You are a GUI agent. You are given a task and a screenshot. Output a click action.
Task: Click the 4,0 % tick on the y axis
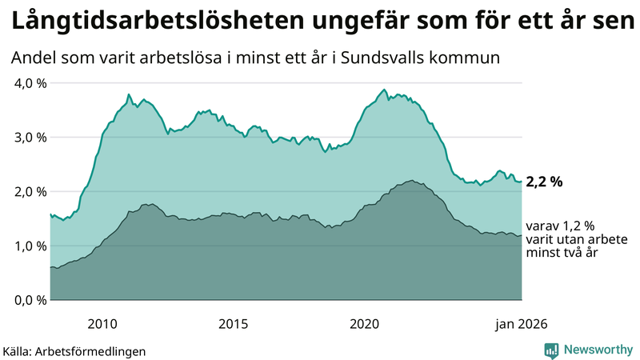(x=28, y=83)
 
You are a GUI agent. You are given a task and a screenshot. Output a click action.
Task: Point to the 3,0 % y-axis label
(x=28, y=138)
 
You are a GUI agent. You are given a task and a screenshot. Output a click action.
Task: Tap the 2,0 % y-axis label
(x=28, y=192)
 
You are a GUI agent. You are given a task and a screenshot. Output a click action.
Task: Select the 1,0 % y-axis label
(x=28, y=246)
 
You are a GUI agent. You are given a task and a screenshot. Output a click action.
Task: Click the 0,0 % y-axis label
(x=28, y=301)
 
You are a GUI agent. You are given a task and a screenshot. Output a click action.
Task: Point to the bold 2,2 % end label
(x=544, y=182)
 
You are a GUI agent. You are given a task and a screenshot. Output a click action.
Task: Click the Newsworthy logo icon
(x=551, y=350)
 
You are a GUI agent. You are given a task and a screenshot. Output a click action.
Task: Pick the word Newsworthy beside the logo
(x=597, y=350)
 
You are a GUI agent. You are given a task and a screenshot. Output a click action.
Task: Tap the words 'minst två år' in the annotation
(x=562, y=252)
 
